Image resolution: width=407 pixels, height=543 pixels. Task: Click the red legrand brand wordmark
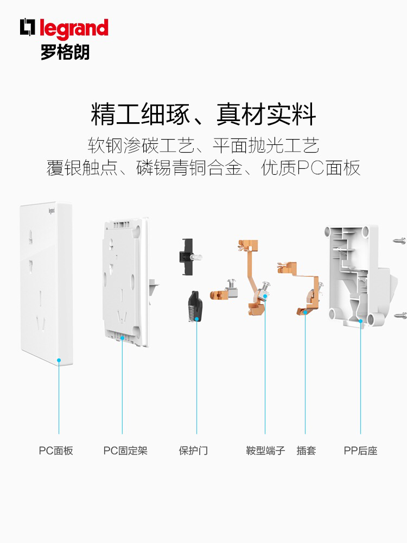coord(73,28)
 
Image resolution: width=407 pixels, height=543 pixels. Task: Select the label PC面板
coord(55,451)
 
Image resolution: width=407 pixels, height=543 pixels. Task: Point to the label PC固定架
coord(125,451)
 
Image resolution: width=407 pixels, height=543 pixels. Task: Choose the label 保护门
coord(193,451)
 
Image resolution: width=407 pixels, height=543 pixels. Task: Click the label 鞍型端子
coord(265,451)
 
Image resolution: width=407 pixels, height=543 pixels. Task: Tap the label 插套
coord(306,451)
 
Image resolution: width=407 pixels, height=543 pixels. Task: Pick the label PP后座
coord(360,451)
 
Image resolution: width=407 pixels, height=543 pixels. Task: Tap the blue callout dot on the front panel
coord(59,360)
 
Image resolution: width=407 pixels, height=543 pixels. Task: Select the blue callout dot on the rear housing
coord(360,321)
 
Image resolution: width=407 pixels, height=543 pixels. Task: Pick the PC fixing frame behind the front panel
coord(124,280)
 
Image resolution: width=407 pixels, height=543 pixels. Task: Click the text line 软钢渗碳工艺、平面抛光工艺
coord(203,145)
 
